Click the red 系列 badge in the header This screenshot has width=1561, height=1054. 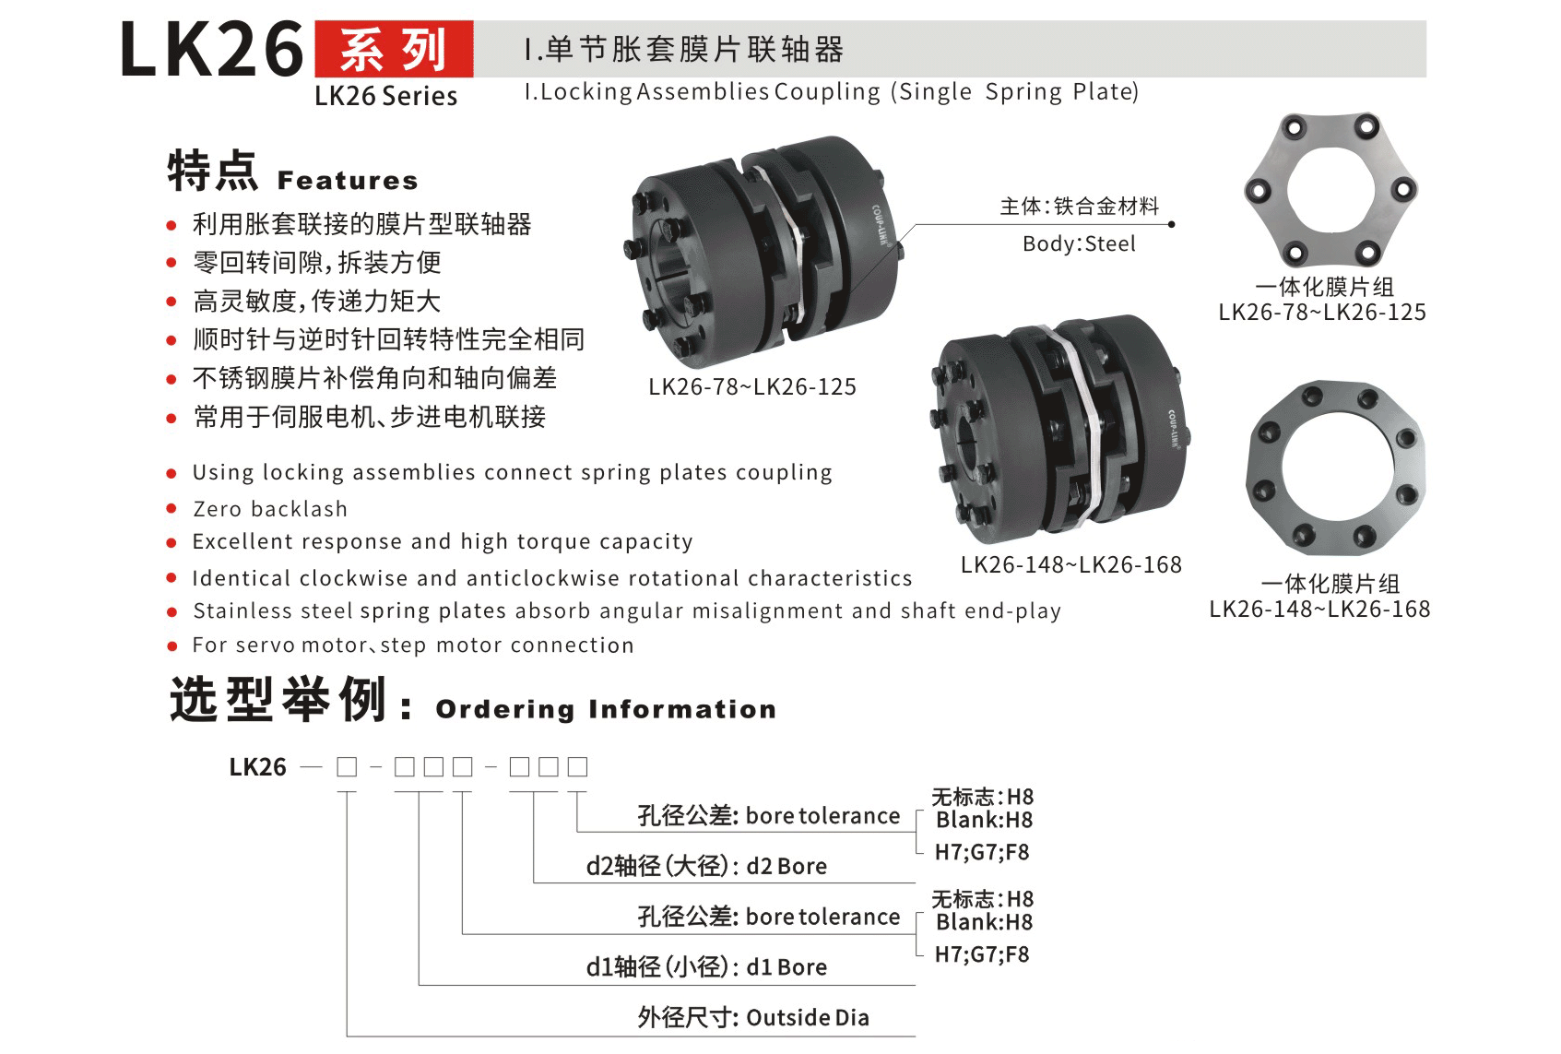tap(394, 49)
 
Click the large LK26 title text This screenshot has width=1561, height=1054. tap(212, 49)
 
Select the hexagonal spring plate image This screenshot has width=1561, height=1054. tap(1330, 190)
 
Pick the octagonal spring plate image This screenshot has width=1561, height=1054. tap(1335, 468)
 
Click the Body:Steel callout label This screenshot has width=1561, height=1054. tap(1079, 244)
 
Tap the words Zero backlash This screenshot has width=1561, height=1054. tap(269, 509)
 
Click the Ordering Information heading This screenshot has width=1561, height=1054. tap(606, 709)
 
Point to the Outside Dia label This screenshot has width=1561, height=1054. tap(808, 1018)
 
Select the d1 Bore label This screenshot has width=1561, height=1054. tap(786, 967)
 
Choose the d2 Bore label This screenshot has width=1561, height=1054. tap(786, 866)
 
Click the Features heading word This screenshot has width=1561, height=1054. tap(348, 181)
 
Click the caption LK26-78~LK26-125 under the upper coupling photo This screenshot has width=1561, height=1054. tap(752, 387)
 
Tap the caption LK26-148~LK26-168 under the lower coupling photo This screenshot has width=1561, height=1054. tap(1071, 564)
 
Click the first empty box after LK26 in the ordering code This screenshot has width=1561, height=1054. tap(347, 767)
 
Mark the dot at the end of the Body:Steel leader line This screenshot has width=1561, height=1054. tap(1172, 224)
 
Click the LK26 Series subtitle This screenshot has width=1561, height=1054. tap(386, 96)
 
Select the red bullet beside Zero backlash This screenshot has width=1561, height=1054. tap(171, 509)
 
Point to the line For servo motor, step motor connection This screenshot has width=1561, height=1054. tap(413, 645)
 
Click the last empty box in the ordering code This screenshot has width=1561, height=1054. tap(577, 767)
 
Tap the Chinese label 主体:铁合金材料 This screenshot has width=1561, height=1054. tap(1079, 207)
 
